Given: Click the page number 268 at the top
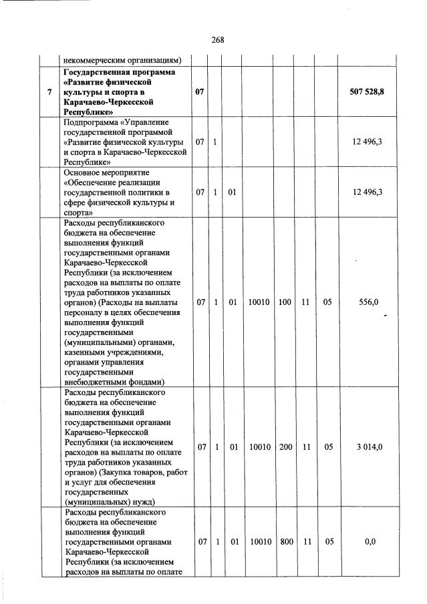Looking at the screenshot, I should pos(217,39).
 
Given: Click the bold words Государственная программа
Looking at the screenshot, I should pos(118,71).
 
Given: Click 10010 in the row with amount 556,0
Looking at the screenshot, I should pos(259,302).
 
